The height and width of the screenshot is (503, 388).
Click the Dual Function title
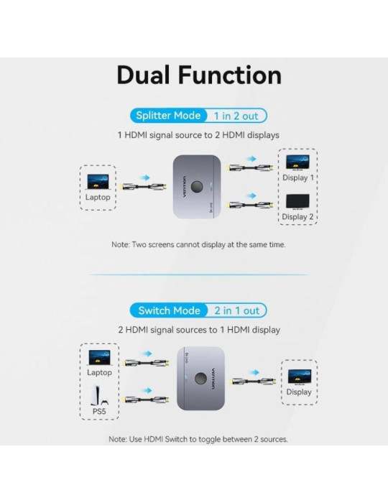(x=199, y=75)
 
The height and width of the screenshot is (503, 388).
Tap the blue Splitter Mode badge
(x=168, y=116)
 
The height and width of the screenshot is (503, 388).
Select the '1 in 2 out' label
(x=237, y=116)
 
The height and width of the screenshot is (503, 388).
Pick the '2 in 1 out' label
(x=236, y=310)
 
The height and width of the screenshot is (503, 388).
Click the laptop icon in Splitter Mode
(x=98, y=181)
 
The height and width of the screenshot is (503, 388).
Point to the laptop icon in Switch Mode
(x=99, y=357)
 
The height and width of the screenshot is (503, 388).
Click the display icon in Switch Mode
(x=299, y=376)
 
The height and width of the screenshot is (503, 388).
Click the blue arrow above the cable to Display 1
(x=249, y=157)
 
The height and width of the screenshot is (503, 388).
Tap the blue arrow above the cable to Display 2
(x=249, y=195)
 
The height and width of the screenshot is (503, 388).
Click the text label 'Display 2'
(x=297, y=216)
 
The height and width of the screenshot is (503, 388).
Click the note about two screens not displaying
(x=198, y=244)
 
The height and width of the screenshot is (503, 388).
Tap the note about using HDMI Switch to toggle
(x=198, y=438)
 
